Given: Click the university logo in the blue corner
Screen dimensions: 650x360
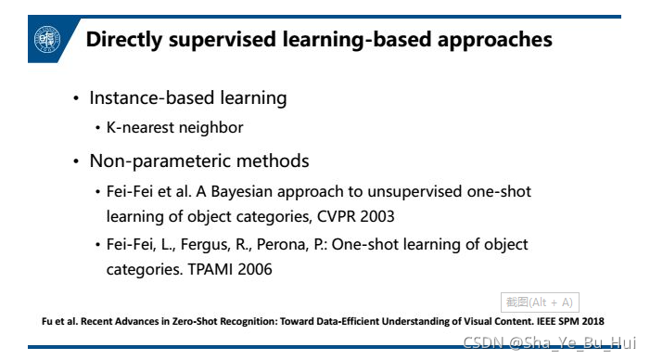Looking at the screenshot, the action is coord(47,39).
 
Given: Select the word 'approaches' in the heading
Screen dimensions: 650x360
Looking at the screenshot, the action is coord(494,40).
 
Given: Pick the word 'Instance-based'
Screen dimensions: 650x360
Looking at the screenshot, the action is coord(152,98).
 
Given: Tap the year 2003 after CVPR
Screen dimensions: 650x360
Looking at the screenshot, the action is coord(377,216).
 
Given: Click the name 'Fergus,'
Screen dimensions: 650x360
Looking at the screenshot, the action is coord(205,245).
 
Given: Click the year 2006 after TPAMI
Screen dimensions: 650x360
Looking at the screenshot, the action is coord(255,270).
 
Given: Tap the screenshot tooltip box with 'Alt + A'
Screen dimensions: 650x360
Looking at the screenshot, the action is coord(540,302).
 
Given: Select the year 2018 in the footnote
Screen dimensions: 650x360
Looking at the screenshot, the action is coord(593,321).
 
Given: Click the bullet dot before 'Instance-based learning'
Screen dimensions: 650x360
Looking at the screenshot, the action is coord(76,98).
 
